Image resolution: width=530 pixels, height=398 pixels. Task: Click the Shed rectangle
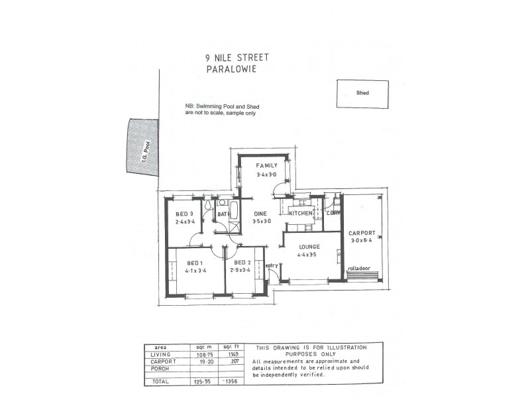[362, 94]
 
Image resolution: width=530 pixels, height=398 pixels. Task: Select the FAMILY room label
[268, 166]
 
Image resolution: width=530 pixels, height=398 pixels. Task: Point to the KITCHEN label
[300, 214]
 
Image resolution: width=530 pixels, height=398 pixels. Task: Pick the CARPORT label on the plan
[361, 233]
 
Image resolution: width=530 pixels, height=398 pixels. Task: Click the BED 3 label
[184, 214]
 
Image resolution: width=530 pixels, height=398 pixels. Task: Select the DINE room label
[260, 214]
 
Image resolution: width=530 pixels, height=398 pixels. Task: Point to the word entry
[272, 265]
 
